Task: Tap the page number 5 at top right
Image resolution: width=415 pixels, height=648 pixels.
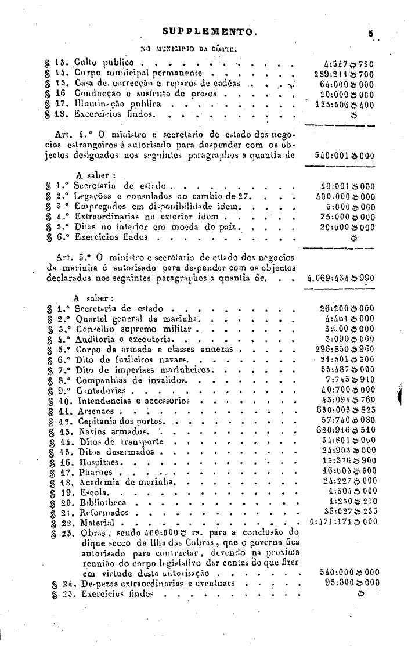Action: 369,33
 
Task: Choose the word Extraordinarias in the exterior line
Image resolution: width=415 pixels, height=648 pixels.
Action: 103,217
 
